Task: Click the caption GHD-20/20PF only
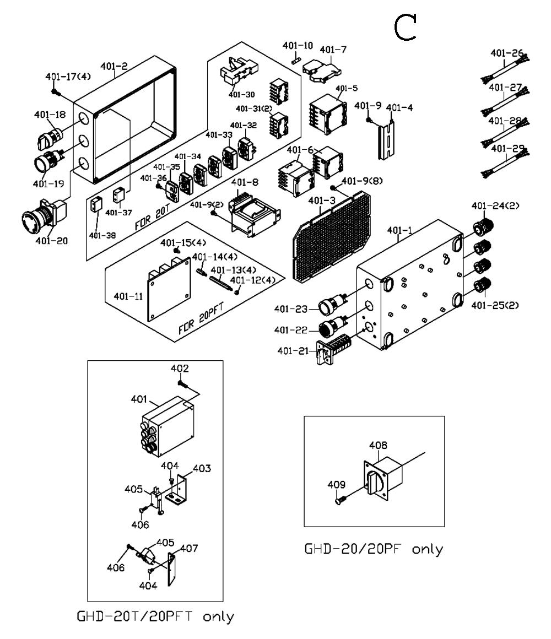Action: coord(374,549)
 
